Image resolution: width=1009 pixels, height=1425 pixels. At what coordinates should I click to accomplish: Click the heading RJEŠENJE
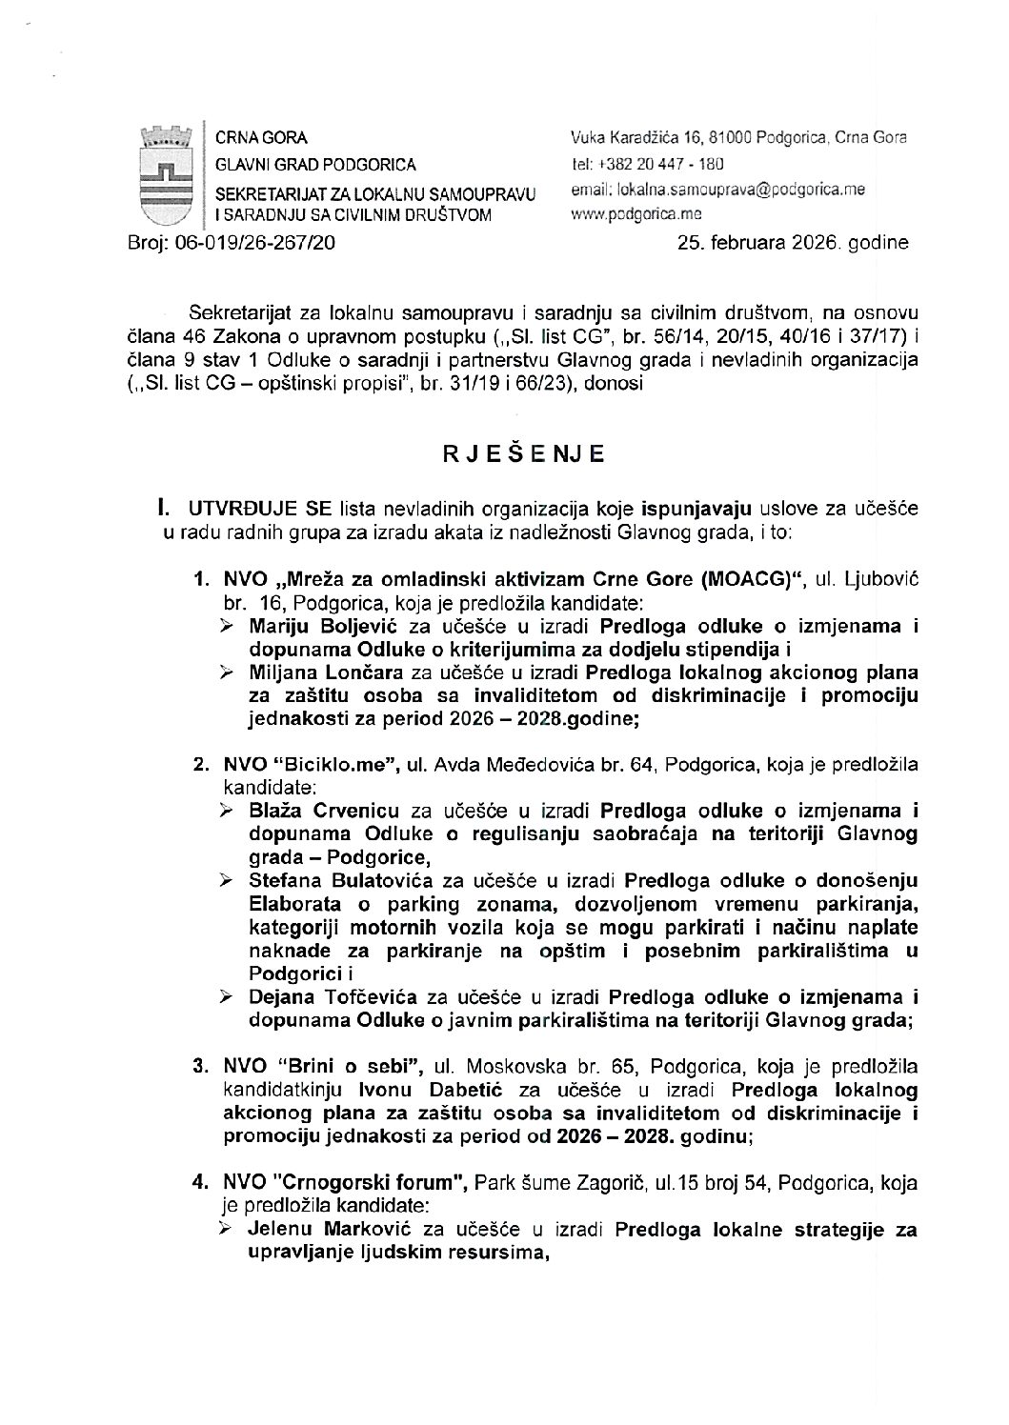pyautogui.click(x=523, y=454)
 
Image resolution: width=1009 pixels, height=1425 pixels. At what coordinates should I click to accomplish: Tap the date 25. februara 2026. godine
pyautogui.click(x=793, y=243)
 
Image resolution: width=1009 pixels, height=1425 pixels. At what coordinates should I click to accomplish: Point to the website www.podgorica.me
pyautogui.click(x=636, y=214)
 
